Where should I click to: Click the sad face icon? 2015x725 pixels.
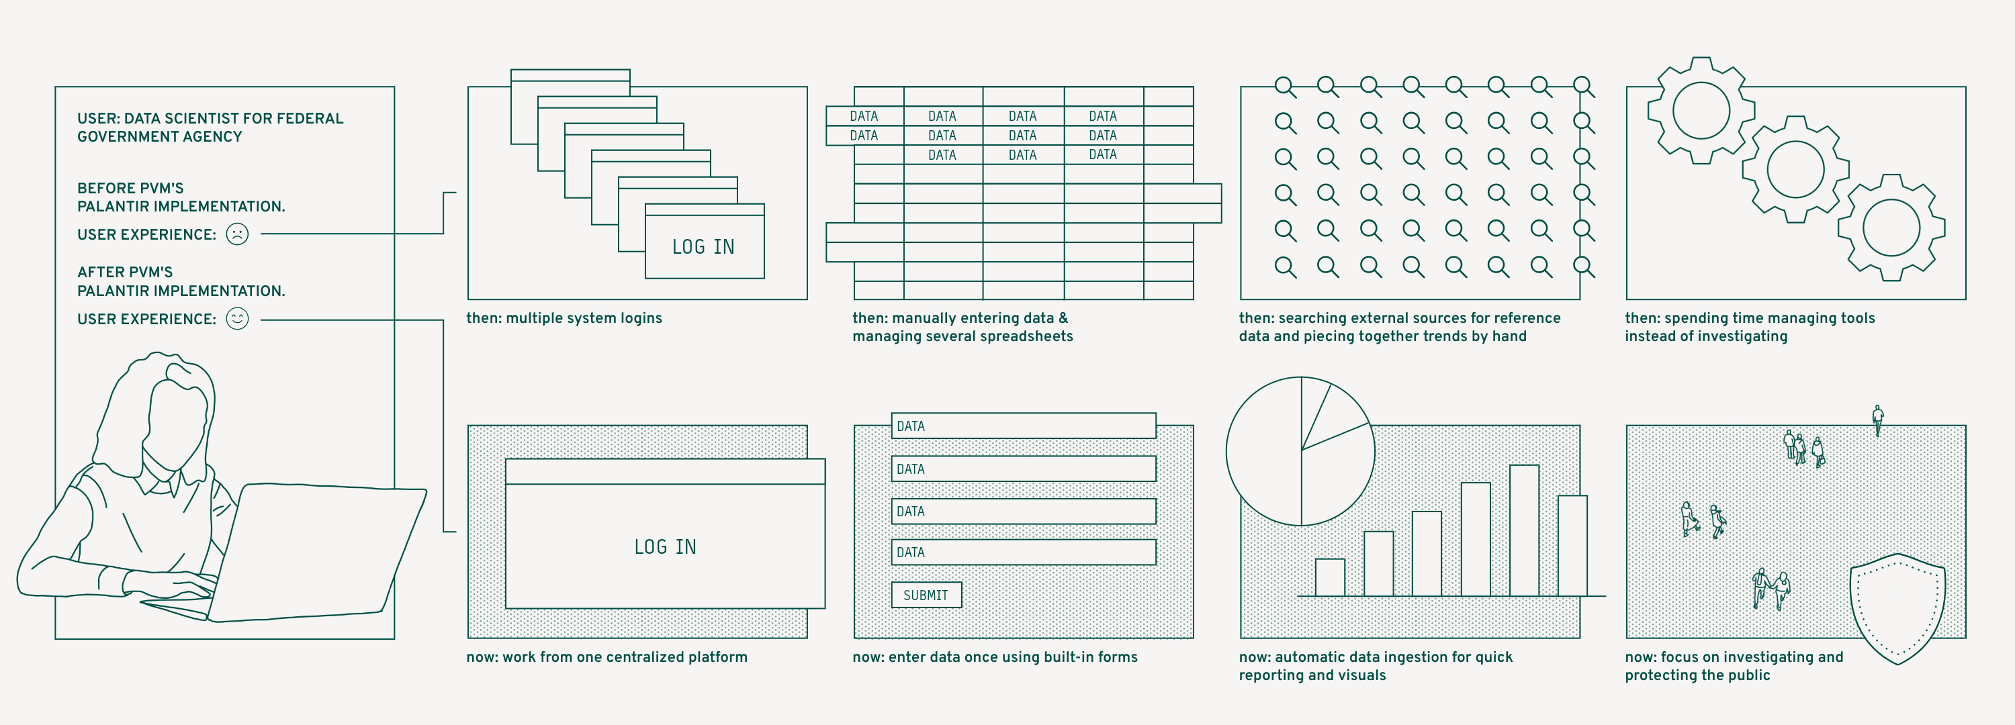(237, 234)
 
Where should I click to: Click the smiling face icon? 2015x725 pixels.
(237, 318)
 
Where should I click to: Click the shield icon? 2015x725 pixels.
(1897, 606)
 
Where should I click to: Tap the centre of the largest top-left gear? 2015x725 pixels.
(1701, 110)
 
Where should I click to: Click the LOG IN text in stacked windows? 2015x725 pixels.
(703, 247)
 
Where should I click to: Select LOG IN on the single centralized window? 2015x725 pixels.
(665, 546)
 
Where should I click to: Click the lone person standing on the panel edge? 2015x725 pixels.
(1877, 418)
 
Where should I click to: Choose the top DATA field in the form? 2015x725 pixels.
(1023, 426)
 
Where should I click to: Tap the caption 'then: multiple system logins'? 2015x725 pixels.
(564, 318)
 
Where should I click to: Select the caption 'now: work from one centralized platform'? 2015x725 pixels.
(607, 657)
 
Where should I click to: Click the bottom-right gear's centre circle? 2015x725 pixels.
(1891, 228)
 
